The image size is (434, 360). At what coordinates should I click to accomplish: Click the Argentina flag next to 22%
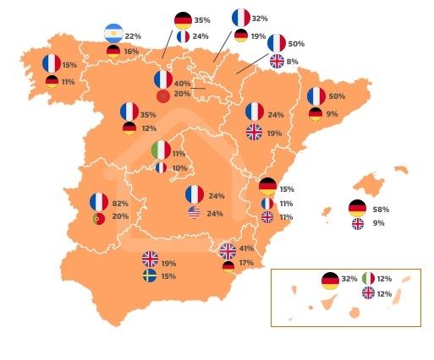click(113, 33)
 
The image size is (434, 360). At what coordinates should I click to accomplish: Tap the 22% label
click(133, 36)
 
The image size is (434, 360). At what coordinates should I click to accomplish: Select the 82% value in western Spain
click(120, 203)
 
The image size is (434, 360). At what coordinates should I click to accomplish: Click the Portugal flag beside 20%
click(99, 219)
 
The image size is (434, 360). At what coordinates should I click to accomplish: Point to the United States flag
click(194, 213)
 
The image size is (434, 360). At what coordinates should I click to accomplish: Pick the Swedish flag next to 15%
click(150, 275)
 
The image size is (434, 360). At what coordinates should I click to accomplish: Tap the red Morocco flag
click(163, 95)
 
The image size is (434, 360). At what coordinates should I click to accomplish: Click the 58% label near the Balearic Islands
click(380, 209)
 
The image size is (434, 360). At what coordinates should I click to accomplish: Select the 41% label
click(246, 248)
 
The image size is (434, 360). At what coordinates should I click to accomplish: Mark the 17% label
click(246, 263)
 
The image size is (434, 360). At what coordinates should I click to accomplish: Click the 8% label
click(292, 61)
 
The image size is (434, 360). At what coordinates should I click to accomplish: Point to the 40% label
click(182, 84)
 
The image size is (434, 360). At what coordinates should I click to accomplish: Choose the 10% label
click(179, 168)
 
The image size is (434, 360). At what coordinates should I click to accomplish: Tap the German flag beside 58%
click(358, 208)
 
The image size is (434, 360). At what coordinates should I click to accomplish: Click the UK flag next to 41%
click(228, 250)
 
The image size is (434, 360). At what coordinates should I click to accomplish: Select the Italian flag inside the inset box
click(369, 277)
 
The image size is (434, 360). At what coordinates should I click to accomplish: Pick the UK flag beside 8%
click(277, 61)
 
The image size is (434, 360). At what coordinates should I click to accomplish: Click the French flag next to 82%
click(99, 202)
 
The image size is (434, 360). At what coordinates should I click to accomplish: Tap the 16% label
click(130, 52)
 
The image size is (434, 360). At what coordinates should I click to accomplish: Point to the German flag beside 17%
click(228, 266)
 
